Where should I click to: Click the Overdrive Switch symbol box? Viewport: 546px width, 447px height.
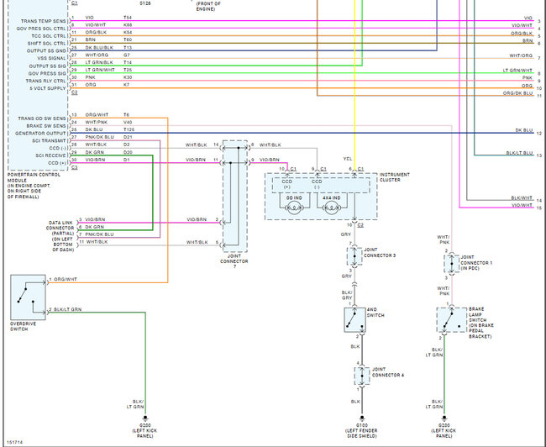[29, 297]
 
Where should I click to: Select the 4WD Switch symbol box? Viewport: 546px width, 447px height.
[354, 319]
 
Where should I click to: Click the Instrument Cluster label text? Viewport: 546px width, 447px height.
[394, 177]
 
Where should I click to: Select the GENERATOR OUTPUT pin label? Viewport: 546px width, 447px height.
[35, 133]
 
